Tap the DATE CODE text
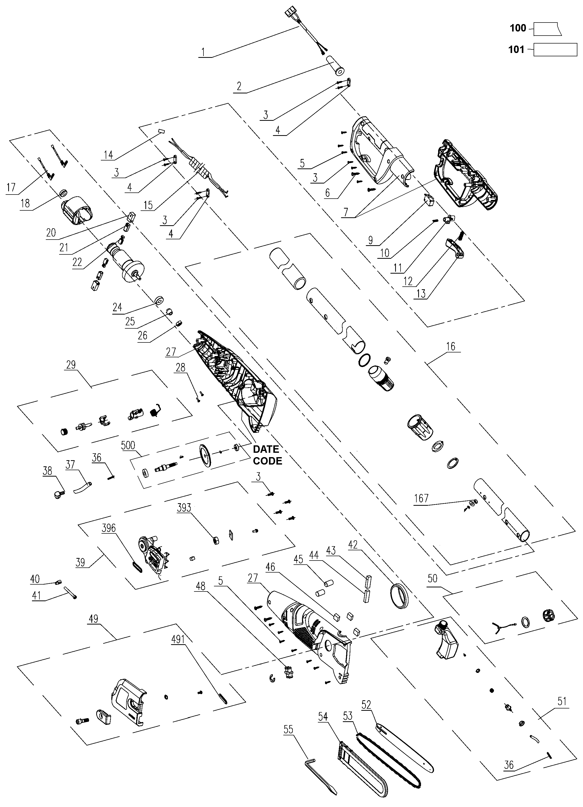pyautogui.click(x=267, y=455)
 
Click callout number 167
pyautogui.click(x=421, y=498)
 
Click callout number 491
pyautogui.click(x=178, y=640)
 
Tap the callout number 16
pyautogui.click(x=450, y=346)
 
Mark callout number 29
pyautogui.click(x=71, y=364)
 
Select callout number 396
pyautogui.click(x=109, y=528)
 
